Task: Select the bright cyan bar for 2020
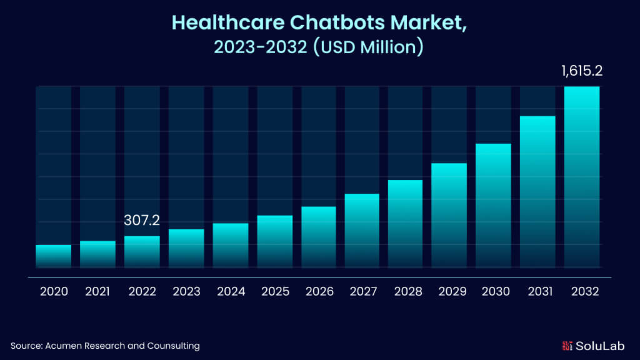click(x=53, y=256)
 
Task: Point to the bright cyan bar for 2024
click(x=230, y=245)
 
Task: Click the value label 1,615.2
click(x=581, y=71)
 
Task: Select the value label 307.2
click(x=142, y=221)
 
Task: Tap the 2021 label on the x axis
click(x=97, y=291)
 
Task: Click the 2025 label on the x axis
click(x=275, y=291)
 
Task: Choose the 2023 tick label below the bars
click(x=186, y=291)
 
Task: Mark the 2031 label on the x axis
click(x=539, y=291)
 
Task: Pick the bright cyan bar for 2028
click(x=406, y=223)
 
